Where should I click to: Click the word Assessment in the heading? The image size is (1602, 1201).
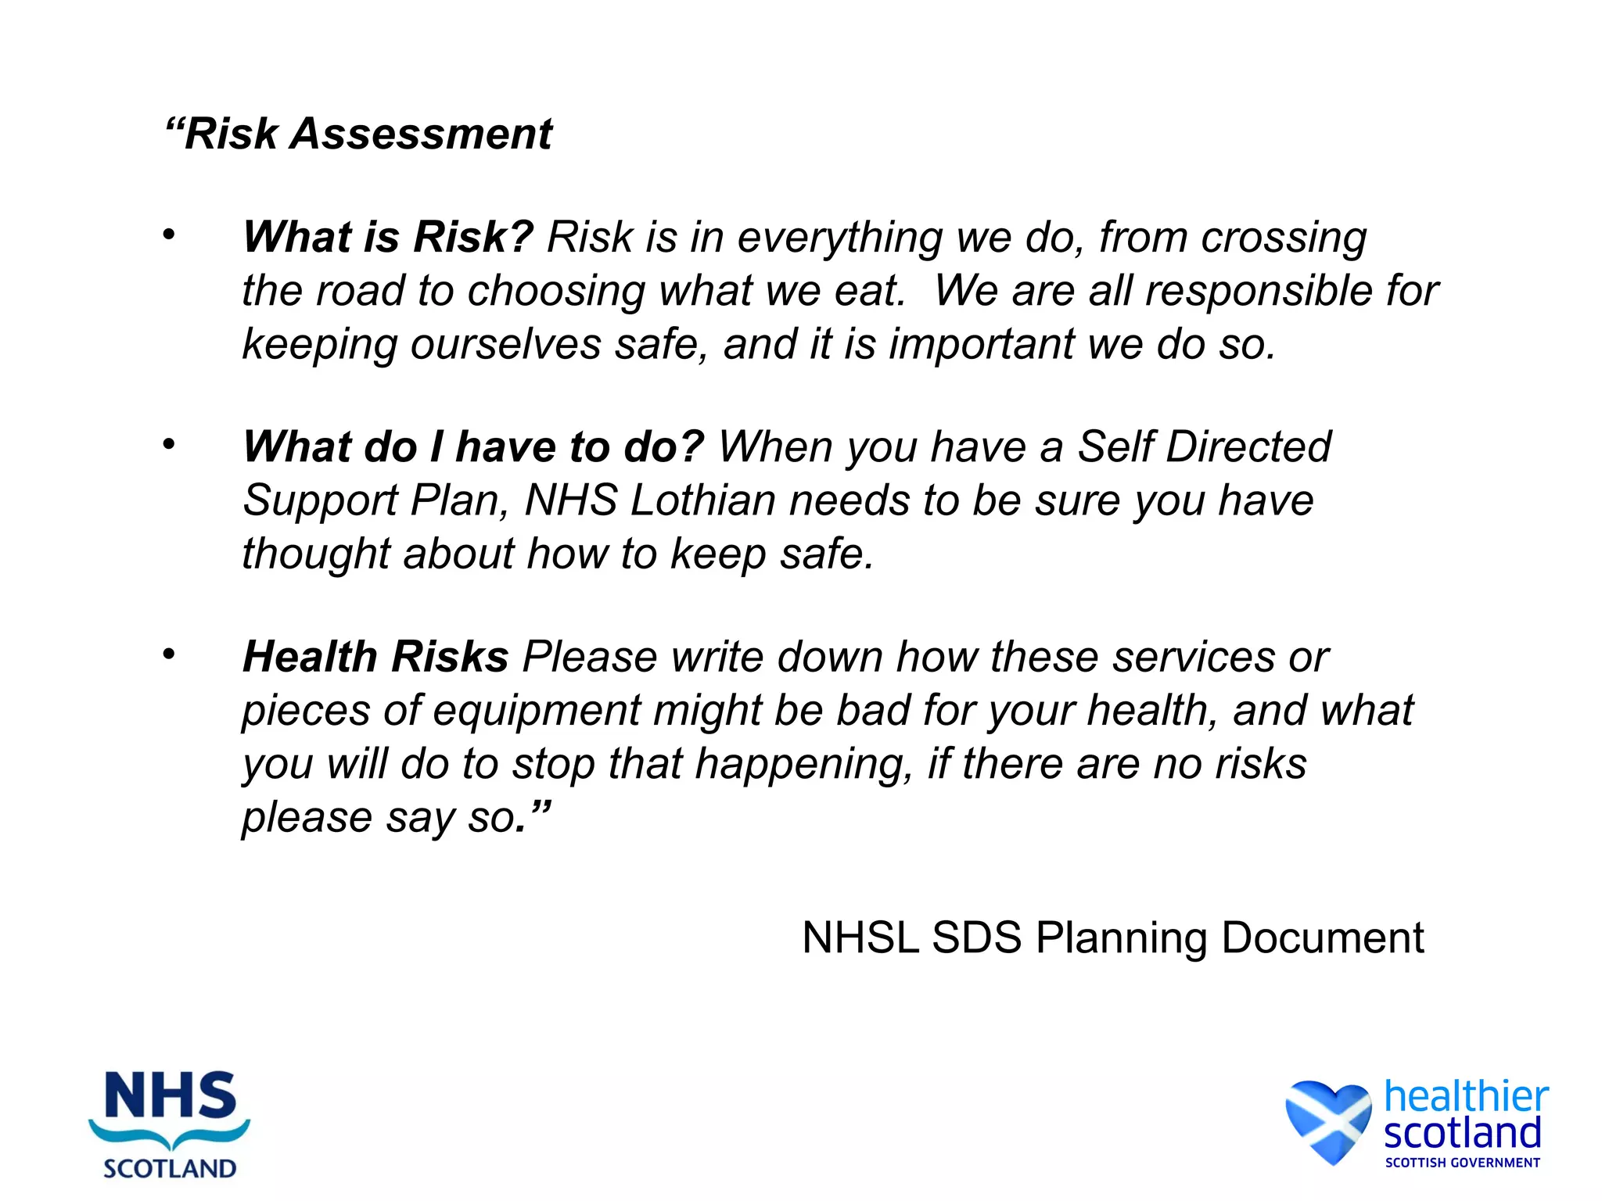pyautogui.click(x=422, y=134)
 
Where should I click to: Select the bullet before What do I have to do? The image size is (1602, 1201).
pyautogui.click(x=168, y=444)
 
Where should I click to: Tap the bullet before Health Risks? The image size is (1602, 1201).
pyautogui.click(x=168, y=654)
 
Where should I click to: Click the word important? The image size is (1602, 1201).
pyautogui.click(x=981, y=344)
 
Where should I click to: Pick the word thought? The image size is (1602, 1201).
pyautogui.click(x=316, y=554)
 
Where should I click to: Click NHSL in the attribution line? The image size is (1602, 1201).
pyautogui.click(x=860, y=937)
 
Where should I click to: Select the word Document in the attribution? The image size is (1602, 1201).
pyautogui.click(x=1322, y=937)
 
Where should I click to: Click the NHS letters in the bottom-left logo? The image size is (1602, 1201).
pyautogui.click(x=170, y=1095)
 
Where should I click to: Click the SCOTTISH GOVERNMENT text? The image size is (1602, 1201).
pyautogui.click(x=1462, y=1163)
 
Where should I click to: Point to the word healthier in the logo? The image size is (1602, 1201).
pyautogui.click(x=1466, y=1096)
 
